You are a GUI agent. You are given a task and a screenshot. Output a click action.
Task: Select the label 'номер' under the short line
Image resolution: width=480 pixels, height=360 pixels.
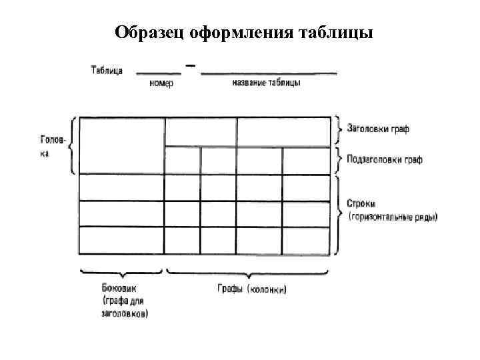click(161, 83)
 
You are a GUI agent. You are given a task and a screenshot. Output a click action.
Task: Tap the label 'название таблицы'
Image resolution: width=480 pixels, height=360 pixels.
click(267, 83)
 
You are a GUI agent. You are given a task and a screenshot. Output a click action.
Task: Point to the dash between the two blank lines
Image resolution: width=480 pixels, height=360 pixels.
click(191, 66)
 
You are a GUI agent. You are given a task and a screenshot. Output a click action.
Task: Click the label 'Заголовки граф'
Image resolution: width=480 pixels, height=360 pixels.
click(378, 128)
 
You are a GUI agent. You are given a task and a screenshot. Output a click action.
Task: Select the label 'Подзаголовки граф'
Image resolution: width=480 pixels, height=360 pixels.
click(385, 161)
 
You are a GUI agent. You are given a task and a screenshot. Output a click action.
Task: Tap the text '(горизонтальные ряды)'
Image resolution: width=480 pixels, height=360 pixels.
click(393, 217)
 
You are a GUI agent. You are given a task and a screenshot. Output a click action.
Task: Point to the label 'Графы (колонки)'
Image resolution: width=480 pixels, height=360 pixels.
click(253, 289)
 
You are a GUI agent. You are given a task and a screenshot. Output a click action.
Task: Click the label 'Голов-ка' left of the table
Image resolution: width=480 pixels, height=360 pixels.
click(53, 147)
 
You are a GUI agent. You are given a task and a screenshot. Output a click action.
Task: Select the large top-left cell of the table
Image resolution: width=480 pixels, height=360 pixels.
click(122, 145)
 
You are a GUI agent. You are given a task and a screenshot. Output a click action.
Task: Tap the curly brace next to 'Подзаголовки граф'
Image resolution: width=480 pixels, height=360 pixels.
click(340, 161)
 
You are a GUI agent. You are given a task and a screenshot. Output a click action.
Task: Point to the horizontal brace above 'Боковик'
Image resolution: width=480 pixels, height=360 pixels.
click(122, 272)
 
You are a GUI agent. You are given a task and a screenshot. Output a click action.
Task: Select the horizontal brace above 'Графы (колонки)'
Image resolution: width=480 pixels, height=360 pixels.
click(247, 273)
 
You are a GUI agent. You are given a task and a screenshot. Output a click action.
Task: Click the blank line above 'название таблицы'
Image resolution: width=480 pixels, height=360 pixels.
click(268, 73)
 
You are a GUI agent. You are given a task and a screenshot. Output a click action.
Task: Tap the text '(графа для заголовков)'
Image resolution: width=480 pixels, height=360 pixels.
click(125, 307)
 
